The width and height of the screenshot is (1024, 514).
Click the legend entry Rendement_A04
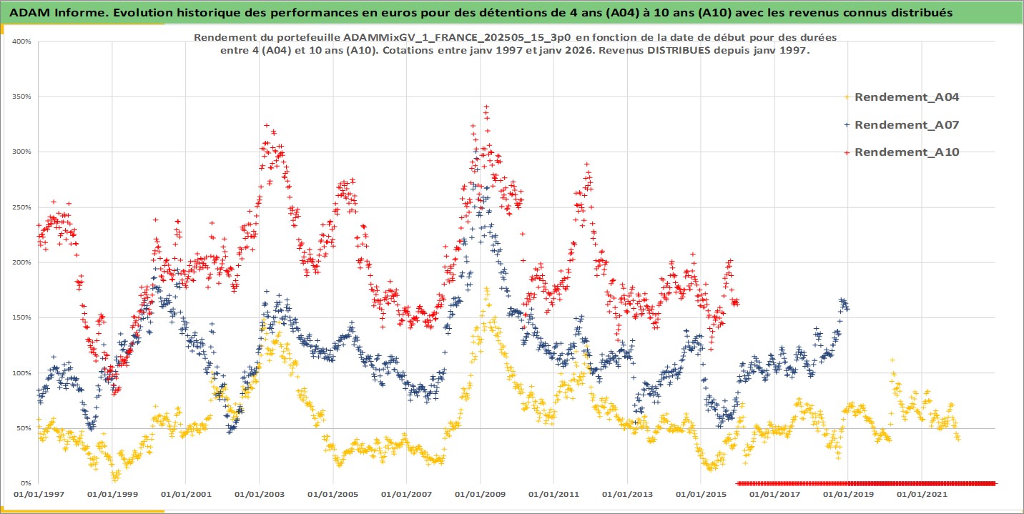[x=906, y=97]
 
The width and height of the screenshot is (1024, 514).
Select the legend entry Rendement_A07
[x=906, y=124]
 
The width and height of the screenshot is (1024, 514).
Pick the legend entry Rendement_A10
[x=906, y=152]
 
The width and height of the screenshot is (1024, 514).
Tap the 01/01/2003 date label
[x=259, y=494]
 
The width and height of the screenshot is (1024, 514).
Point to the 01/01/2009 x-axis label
[x=480, y=494]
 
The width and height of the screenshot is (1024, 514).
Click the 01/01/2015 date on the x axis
[x=701, y=494]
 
